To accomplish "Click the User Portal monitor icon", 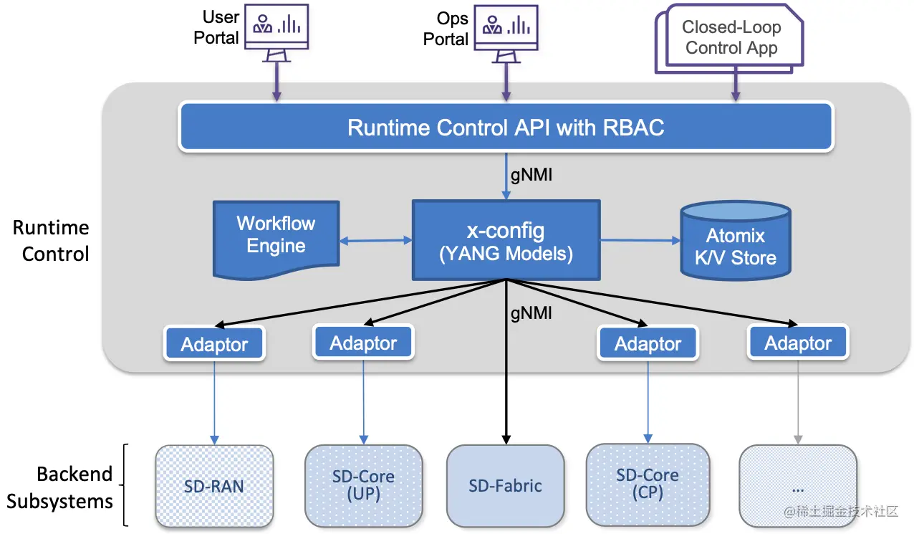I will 276,30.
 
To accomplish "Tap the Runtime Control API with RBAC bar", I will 506,128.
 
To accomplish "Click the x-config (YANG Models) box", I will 506,240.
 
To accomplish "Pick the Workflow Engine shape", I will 276,236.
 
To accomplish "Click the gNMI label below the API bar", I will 531,175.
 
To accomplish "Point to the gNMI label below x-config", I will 531,313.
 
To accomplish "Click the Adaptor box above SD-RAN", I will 214,345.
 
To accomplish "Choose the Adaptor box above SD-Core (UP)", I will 363,343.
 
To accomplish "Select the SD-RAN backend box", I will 214,486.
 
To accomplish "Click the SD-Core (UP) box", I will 363,485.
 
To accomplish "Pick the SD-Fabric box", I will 505,486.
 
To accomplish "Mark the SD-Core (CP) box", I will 648,483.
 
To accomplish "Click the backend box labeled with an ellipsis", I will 797,486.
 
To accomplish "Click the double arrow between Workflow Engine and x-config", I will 375,242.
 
